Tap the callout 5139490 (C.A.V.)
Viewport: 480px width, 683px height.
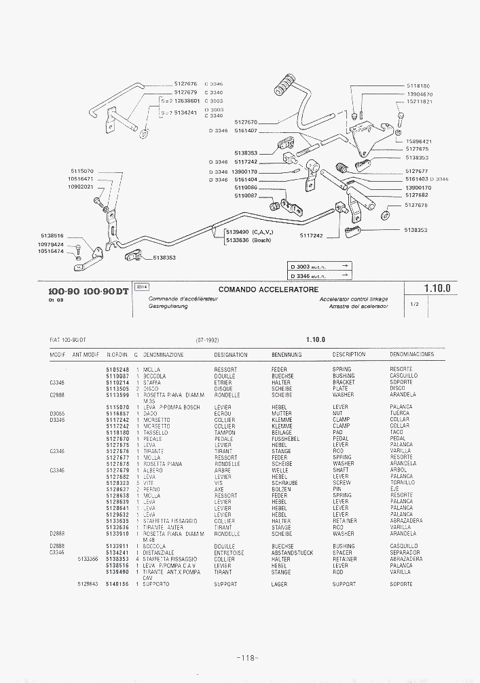pyautogui.click(x=248, y=232)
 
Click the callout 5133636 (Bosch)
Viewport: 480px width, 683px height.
pyautogui.click(x=248, y=239)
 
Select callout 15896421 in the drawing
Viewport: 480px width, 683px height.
pyautogui.click(x=418, y=141)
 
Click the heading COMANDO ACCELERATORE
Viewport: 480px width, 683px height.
pyautogui.click(x=268, y=289)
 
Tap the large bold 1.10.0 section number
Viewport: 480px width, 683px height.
pyautogui.click(x=437, y=288)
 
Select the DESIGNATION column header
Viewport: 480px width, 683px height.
pyautogui.click(x=230, y=355)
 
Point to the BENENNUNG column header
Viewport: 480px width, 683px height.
pyautogui.click(x=287, y=355)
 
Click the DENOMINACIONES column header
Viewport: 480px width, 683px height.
pyautogui.click(x=411, y=355)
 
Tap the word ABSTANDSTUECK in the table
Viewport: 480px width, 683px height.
pyautogui.click(x=292, y=553)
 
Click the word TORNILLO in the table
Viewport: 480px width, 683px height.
pyautogui.click(x=403, y=483)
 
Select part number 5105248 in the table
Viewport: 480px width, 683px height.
pyautogui.click(x=117, y=370)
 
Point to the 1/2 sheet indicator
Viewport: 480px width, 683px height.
pyautogui.click(x=414, y=305)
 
